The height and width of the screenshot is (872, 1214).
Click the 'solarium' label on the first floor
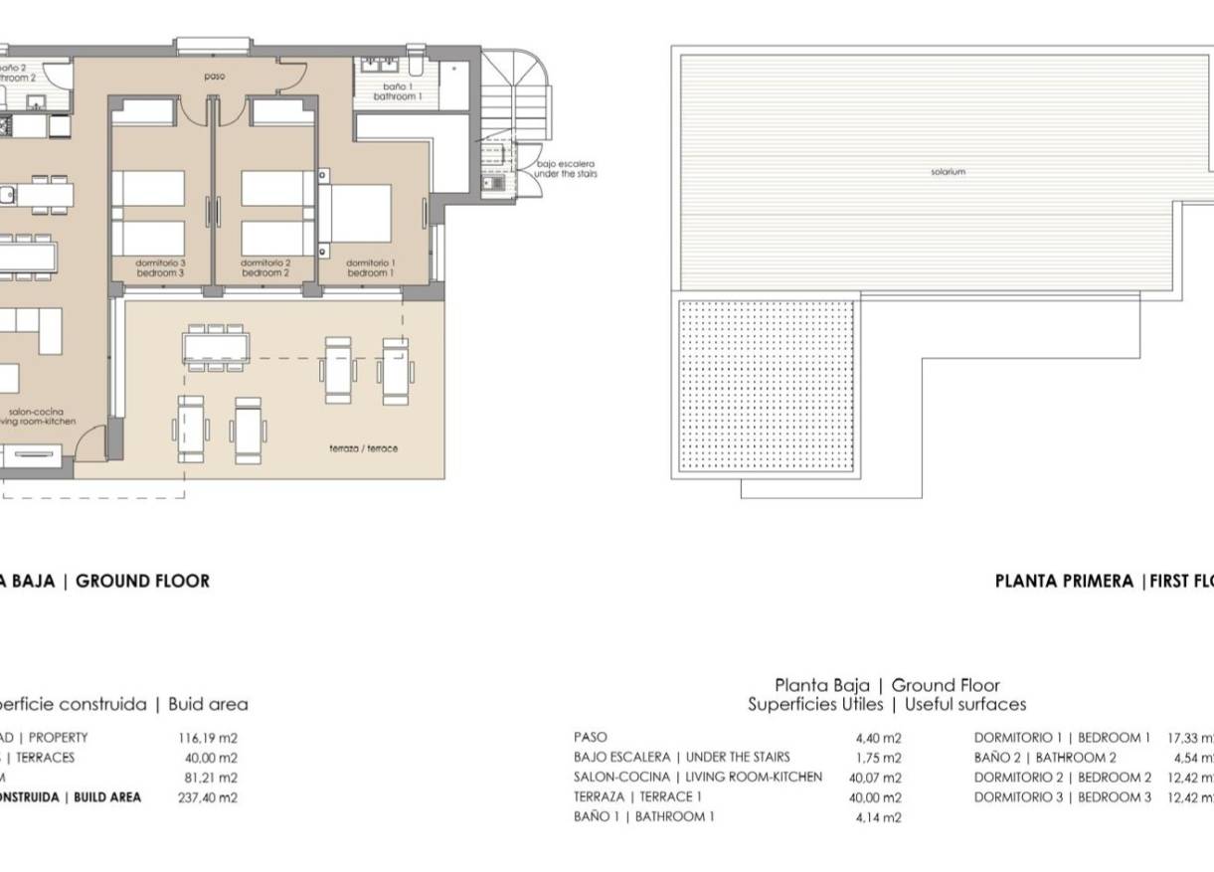pyautogui.click(x=948, y=172)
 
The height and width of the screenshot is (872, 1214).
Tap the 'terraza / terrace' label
pyautogui.click(x=364, y=448)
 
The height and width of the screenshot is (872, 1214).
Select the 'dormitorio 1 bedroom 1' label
pyautogui.click(x=370, y=267)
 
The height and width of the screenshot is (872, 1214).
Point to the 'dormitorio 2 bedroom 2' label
pyautogui.click(x=264, y=267)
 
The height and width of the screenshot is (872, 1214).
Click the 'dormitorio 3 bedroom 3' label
pyautogui.click(x=160, y=267)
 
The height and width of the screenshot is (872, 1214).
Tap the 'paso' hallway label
pyautogui.click(x=214, y=77)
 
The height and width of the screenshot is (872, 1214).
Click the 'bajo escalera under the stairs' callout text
pyautogui.click(x=565, y=169)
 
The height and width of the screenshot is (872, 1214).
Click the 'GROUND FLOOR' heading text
pyautogui.click(x=142, y=582)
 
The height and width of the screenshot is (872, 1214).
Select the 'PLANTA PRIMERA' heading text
pyautogui.click(x=1064, y=582)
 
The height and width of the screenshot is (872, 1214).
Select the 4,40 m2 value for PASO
pyautogui.click(x=878, y=738)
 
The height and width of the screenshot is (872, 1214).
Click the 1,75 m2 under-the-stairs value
pyautogui.click(x=878, y=758)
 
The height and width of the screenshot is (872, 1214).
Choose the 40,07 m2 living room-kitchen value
pyautogui.click(x=875, y=778)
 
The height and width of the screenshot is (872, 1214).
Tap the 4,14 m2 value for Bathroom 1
pyautogui.click(x=878, y=817)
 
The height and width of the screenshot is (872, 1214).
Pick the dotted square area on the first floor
pyautogui.click(x=767, y=386)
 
